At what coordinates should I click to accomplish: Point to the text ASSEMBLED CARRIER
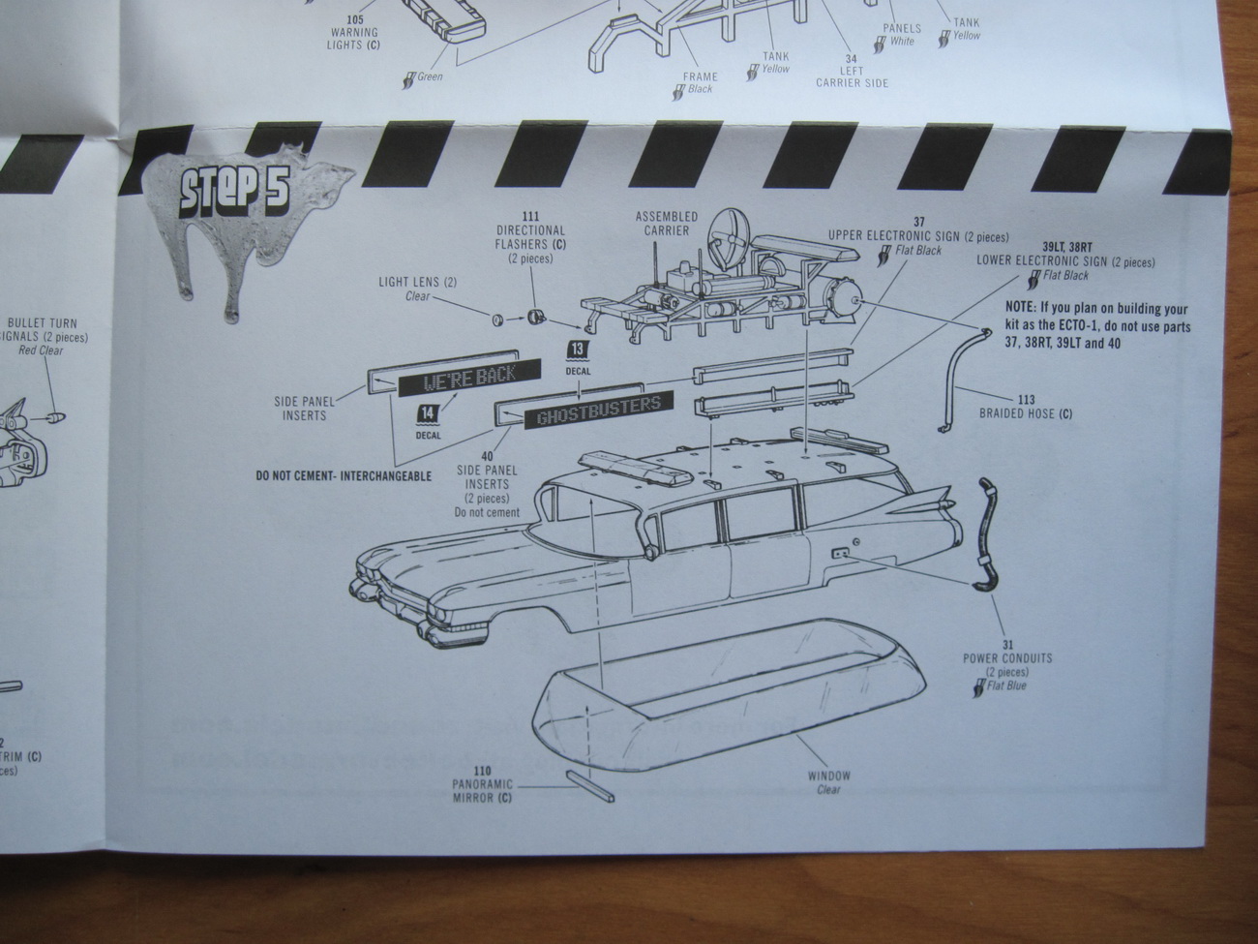point(666,223)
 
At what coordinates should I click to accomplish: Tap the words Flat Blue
point(1006,686)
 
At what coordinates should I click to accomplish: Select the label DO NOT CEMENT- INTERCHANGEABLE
point(344,476)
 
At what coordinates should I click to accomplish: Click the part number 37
point(918,223)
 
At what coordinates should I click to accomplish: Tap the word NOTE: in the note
point(1024,309)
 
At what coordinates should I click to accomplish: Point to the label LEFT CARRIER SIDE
point(852,77)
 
